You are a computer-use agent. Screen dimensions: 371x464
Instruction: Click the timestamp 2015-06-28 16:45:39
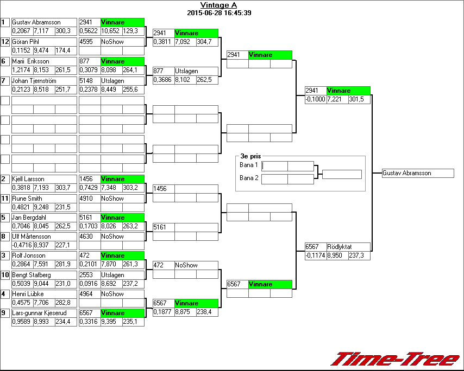click(218, 12)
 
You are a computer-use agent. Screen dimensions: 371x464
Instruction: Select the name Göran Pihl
click(26, 42)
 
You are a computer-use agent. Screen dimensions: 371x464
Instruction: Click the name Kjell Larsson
click(28, 179)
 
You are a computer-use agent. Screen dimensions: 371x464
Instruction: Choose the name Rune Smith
click(27, 199)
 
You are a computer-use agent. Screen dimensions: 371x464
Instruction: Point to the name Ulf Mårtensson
click(32, 236)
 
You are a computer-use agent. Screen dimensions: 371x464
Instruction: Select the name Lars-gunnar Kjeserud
click(37, 313)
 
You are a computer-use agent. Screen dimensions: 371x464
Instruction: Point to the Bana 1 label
click(248, 164)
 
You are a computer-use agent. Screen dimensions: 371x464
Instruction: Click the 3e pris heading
click(250, 156)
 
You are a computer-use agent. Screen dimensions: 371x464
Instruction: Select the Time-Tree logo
click(396, 359)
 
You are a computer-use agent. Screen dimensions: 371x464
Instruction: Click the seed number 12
click(5, 42)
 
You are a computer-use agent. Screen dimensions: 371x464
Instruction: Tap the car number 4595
click(86, 42)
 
